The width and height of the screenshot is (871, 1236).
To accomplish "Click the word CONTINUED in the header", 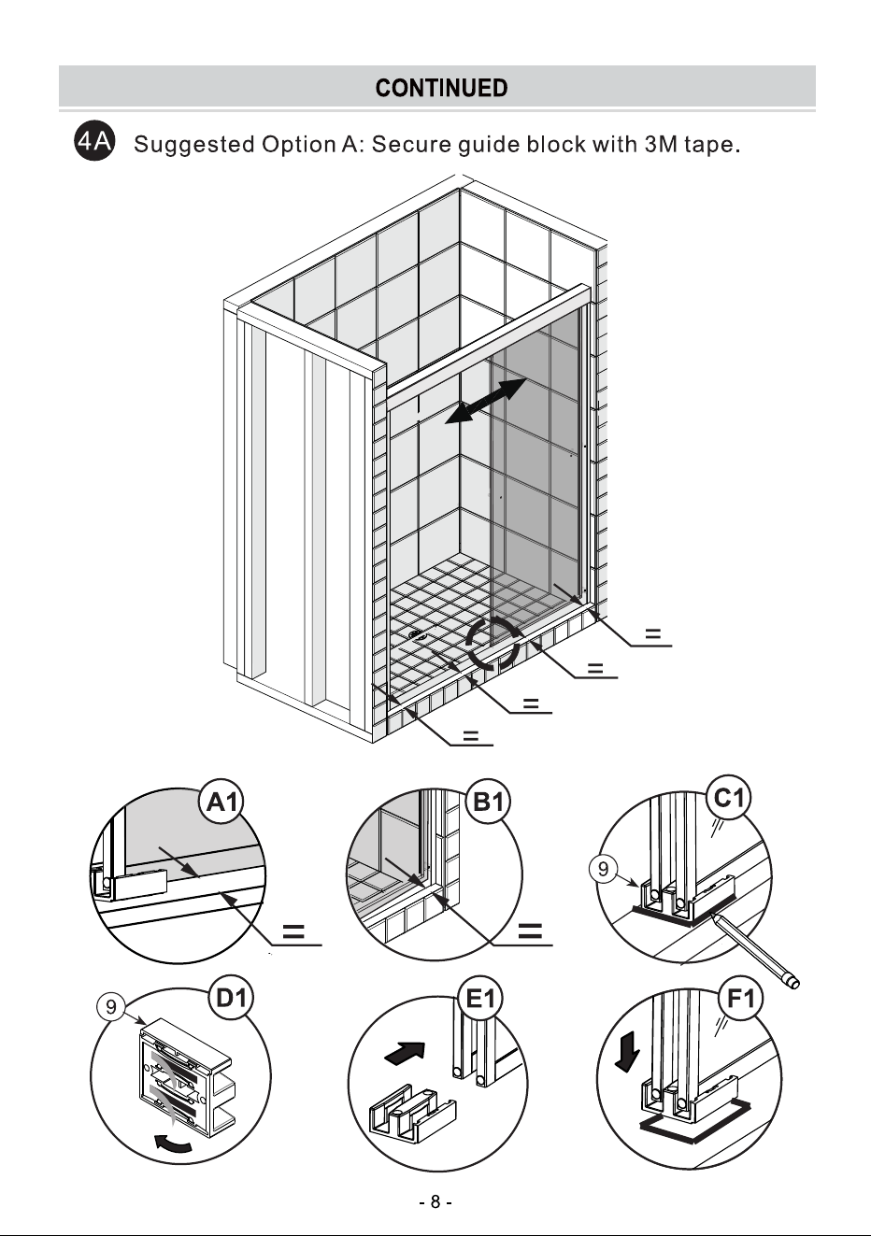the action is [x=441, y=88].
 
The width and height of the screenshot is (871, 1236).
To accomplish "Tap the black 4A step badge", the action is [x=95, y=142].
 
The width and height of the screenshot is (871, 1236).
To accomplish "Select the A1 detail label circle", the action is [x=221, y=802].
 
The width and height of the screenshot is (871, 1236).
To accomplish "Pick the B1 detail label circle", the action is [x=488, y=802].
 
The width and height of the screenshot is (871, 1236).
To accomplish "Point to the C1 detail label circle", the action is [x=729, y=797].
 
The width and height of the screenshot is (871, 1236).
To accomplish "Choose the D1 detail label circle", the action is [x=231, y=998].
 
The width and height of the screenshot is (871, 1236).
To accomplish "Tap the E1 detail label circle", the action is [x=481, y=999].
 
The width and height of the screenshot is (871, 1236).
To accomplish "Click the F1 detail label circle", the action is [x=741, y=998].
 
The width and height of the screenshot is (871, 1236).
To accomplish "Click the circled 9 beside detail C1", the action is [x=604, y=869].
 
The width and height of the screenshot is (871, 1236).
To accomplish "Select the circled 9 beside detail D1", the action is [x=111, y=1007].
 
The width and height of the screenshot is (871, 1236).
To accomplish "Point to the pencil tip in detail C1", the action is [x=712, y=915].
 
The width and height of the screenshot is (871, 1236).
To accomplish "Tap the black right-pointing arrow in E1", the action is [x=405, y=1054].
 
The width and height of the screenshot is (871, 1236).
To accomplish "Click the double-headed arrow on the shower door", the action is [x=486, y=401].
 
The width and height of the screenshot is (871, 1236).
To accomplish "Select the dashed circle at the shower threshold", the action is [x=493, y=644].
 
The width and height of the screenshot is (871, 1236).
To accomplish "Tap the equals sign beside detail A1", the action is [x=293, y=931].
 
